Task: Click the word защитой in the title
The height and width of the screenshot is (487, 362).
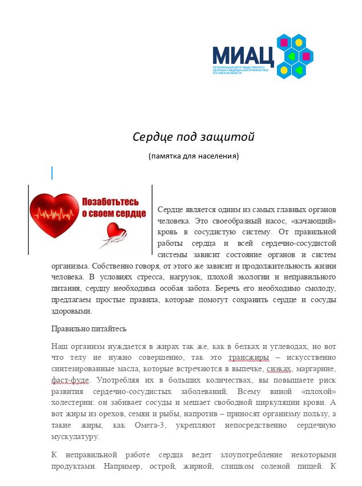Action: (x=228, y=137)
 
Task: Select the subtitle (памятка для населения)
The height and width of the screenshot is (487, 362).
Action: (x=193, y=156)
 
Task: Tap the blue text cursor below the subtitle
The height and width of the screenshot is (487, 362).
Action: (x=52, y=173)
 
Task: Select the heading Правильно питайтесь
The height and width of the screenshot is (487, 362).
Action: (x=89, y=329)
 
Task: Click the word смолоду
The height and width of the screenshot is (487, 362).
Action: (x=317, y=289)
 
